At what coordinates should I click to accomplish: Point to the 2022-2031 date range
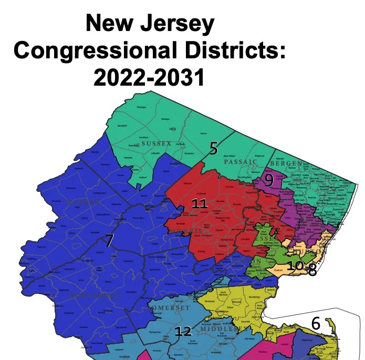(149, 78)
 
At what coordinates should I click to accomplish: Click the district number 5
(213, 149)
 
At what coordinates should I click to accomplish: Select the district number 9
(268, 180)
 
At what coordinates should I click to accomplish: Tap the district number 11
(199, 204)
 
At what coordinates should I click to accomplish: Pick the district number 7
(109, 241)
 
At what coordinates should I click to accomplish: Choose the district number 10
(295, 265)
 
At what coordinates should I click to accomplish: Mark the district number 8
(312, 270)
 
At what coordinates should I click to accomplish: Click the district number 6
(315, 324)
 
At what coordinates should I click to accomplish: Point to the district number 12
(183, 331)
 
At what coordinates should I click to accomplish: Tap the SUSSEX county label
(157, 143)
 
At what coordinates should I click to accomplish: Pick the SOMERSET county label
(169, 308)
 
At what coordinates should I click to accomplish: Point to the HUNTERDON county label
(96, 296)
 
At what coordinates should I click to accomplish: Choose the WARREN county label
(84, 202)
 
